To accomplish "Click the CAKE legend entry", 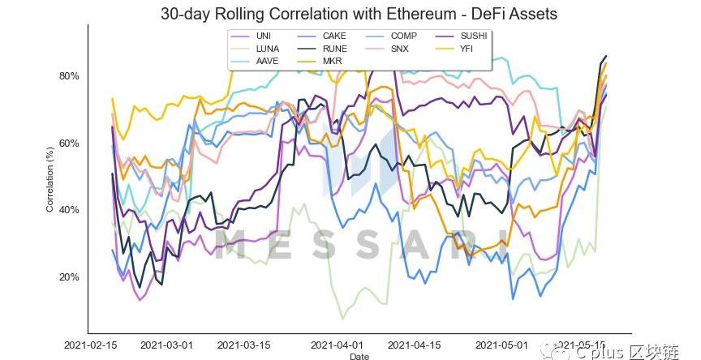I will (x=333, y=36).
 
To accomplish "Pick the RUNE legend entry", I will (x=333, y=49).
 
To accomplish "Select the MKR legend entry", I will (x=332, y=61).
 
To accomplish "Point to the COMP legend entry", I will (x=403, y=36).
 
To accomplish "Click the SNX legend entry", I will (x=400, y=49).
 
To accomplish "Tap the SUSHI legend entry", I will (x=474, y=36).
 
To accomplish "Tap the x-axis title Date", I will (x=358, y=356).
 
